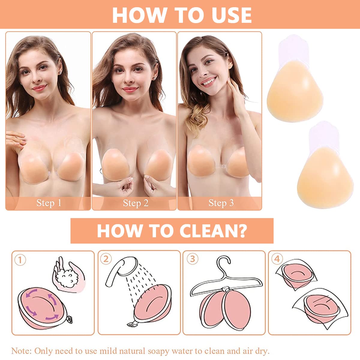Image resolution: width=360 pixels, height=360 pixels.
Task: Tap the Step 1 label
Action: (49, 203)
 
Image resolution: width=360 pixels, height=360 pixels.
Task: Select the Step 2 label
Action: (136, 203)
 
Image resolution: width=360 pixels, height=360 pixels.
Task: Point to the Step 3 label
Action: (221, 203)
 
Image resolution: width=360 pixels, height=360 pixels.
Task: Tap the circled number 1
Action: (20, 260)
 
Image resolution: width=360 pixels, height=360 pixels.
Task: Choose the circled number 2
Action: (106, 259)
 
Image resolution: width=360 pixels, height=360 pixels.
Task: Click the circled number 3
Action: (192, 259)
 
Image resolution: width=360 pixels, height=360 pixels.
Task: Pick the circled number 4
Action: (277, 259)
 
